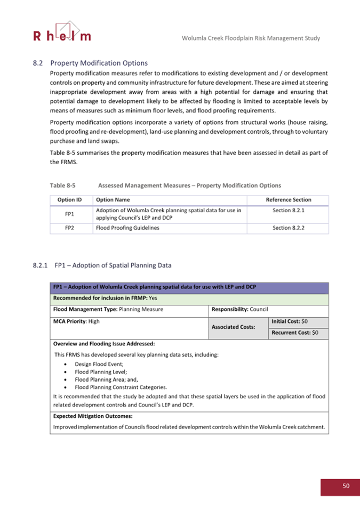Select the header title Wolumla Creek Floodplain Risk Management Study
pyautogui.click(x=251, y=38)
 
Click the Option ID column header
pyautogui.click(x=69, y=200)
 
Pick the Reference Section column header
pyautogui.click(x=289, y=200)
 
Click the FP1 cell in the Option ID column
pyautogui.click(x=69, y=214)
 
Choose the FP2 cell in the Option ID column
pyautogui.click(x=69, y=228)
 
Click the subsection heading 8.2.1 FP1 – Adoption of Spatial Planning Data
pyautogui.click(x=102, y=265)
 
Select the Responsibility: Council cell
pyautogui.click(x=239, y=309)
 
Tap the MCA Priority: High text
pyautogui.click(x=77, y=321)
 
